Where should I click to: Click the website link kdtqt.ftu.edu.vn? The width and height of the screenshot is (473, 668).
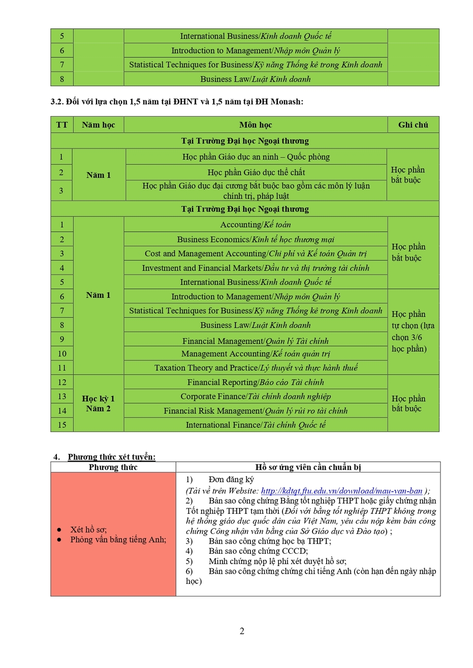[341, 491]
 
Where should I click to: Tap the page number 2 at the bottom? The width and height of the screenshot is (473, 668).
[242, 631]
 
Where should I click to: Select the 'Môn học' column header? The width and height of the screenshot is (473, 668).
[256, 125]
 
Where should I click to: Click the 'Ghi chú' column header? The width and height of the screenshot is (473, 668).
[413, 125]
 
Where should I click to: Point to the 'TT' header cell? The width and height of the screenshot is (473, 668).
[62, 125]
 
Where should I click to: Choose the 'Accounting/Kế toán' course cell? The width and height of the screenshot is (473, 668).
[256, 224]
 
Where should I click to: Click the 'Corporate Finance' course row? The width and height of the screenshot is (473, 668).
[256, 396]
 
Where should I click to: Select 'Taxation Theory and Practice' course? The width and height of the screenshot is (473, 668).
[256, 368]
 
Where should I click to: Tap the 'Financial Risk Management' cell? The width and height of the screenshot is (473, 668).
[256, 411]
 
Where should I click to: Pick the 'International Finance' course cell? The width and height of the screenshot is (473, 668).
[256, 425]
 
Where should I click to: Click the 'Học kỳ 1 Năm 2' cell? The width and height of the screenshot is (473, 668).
[98, 404]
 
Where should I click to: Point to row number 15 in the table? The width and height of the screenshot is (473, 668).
[62, 425]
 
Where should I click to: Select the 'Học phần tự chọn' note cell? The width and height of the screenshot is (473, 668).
[413, 331]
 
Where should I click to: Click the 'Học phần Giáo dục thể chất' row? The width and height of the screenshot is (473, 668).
[256, 172]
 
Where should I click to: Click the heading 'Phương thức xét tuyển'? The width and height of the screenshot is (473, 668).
[112, 457]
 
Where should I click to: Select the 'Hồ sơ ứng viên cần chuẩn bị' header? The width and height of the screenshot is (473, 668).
[308, 467]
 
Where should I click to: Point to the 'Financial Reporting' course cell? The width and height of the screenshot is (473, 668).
[256, 382]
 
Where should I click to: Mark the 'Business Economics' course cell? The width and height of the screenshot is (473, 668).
[256, 239]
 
